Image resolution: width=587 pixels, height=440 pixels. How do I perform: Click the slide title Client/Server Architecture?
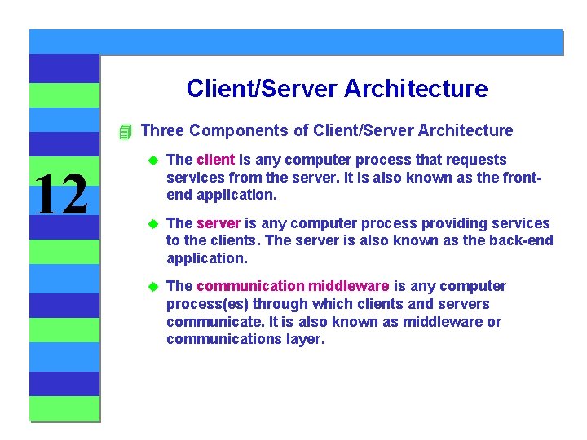click(337, 88)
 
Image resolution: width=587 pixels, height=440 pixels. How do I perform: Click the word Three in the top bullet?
click(162, 130)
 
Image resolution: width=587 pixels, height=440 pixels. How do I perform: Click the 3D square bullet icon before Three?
click(124, 131)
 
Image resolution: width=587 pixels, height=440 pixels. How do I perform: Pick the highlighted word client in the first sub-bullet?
click(215, 160)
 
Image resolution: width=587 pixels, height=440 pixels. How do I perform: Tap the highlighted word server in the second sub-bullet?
click(218, 223)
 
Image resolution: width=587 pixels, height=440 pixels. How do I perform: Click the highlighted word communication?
click(250, 286)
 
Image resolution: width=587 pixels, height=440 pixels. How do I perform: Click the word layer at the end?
click(303, 340)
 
